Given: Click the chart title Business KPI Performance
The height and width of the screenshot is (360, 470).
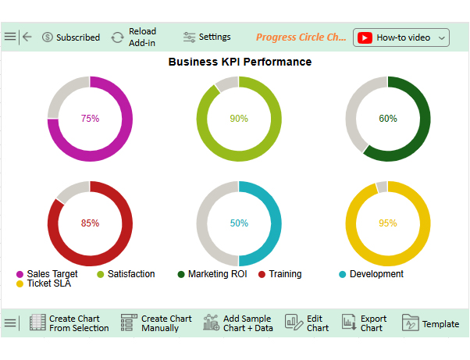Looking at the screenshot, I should [x=240, y=62].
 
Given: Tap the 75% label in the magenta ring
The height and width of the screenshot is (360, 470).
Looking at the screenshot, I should [x=90, y=119].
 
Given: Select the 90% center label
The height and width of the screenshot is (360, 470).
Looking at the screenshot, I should [x=239, y=119].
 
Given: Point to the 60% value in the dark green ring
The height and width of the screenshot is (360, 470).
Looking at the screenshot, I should [x=388, y=119].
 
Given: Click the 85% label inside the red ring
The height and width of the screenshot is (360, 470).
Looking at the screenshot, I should [x=90, y=223].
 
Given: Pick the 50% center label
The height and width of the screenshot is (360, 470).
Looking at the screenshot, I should [x=239, y=223].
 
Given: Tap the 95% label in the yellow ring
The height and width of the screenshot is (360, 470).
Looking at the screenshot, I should [x=388, y=223].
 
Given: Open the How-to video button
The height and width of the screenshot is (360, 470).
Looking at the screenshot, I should [x=401, y=37].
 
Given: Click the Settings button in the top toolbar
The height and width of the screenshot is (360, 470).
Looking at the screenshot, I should [x=207, y=37].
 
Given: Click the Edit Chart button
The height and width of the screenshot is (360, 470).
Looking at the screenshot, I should [x=307, y=323].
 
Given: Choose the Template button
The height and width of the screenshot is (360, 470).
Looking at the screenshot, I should [x=431, y=323].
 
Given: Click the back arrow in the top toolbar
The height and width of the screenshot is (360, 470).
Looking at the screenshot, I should [x=27, y=37].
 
